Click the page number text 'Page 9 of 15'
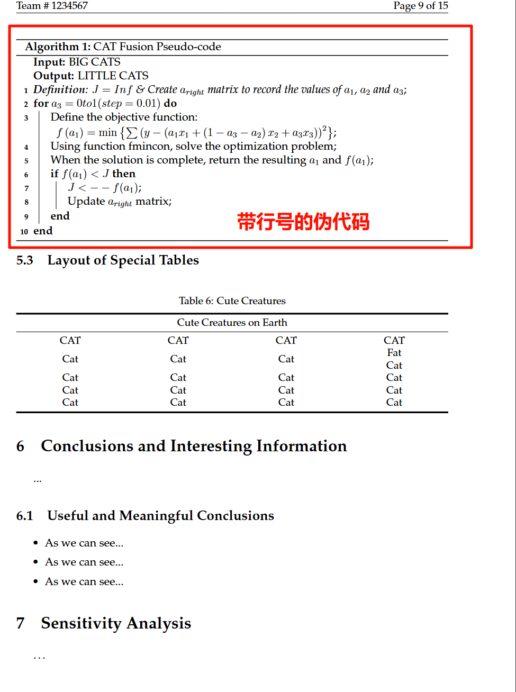click(x=420, y=6)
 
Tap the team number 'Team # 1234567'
click(x=52, y=6)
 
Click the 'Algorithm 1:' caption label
click(x=58, y=47)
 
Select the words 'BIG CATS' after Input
click(x=95, y=62)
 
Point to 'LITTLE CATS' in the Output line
click(x=113, y=76)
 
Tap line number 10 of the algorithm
click(x=24, y=232)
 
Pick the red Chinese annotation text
click(x=303, y=222)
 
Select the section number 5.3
click(x=25, y=260)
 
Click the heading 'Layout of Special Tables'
click(x=123, y=260)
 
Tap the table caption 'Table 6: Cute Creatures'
click(x=232, y=301)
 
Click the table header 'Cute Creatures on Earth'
click(x=232, y=323)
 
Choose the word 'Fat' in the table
click(x=394, y=353)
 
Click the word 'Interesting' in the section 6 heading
click(x=211, y=446)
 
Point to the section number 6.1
click(x=25, y=516)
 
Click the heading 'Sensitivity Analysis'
click(x=116, y=623)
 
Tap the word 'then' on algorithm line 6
click(x=123, y=174)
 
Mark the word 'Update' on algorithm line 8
click(x=86, y=202)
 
